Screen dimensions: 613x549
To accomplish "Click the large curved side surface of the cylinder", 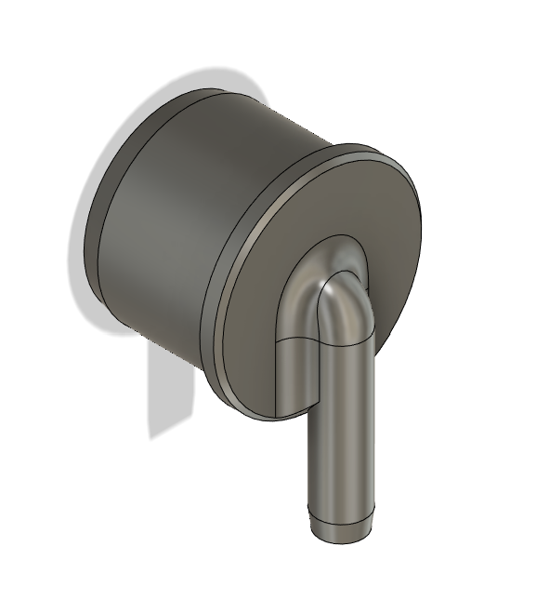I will pyautogui.click(x=186, y=223).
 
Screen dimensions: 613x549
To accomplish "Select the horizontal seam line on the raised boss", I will pyautogui.click(x=297, y=343).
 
